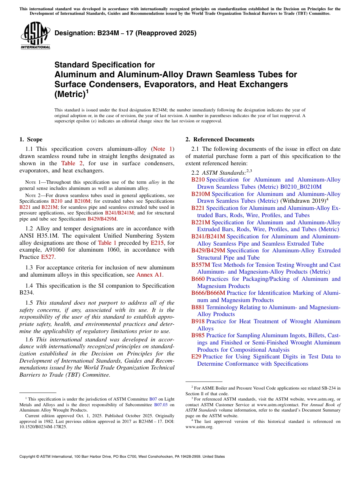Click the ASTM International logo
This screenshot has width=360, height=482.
(35, 36)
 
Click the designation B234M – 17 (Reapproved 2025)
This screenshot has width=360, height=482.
(125, 33)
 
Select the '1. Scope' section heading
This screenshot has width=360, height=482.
(31, 139)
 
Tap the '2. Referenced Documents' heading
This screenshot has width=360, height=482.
(220, 139)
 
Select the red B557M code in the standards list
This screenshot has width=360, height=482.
(200, 265)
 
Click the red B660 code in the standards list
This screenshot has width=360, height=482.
(198, 279)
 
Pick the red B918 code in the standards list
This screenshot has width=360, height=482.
(198, 321)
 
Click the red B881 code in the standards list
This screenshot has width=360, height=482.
(198, 307)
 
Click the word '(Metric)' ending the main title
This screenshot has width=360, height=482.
(69, 95)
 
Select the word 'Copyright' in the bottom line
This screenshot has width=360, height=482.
(28, 457)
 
